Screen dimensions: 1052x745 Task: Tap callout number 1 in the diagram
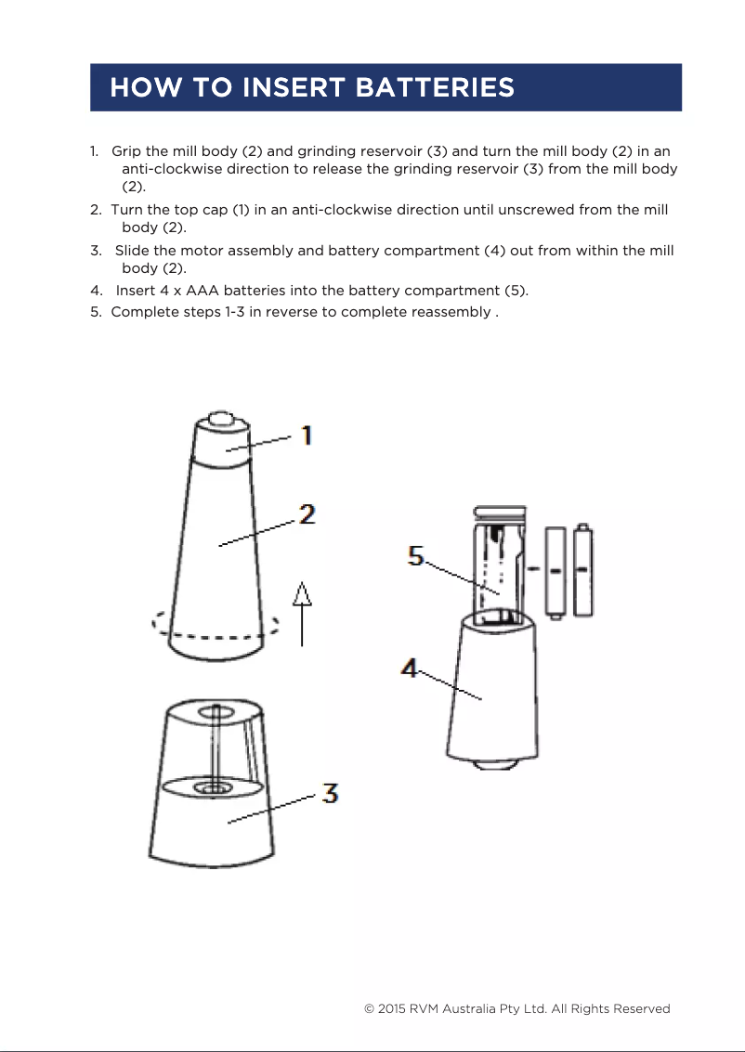tap(305, 435)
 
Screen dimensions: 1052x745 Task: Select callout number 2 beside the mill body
tap(307, 513)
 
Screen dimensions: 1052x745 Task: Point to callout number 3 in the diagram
tap(330, 794)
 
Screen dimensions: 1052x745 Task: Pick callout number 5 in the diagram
tap(416, 556)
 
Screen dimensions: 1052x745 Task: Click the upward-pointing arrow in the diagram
tap(302, 612)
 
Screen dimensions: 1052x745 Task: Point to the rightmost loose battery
tap(583, 570)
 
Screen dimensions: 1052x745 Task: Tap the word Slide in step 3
tap(132, 251)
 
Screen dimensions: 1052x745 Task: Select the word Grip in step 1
tap(126, 151)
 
